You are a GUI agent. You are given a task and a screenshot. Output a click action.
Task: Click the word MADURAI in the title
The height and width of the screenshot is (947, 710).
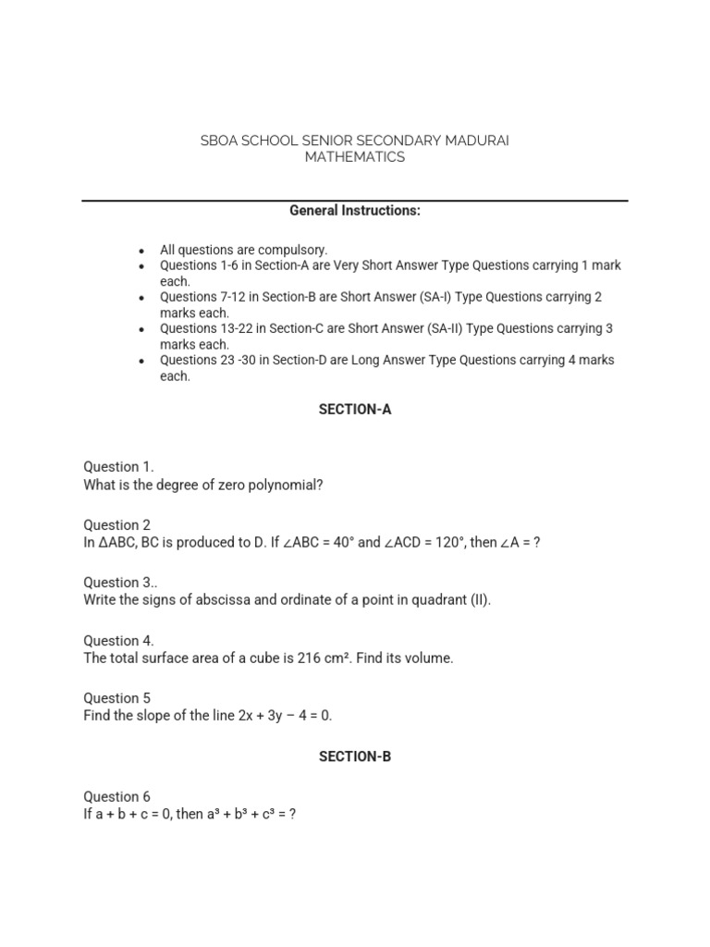474,141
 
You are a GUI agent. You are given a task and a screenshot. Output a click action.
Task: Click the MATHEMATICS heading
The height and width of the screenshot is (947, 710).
355,157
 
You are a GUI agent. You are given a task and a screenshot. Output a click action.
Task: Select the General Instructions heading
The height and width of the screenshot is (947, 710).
355,211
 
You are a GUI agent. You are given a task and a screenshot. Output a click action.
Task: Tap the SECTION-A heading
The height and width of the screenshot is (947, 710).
355,410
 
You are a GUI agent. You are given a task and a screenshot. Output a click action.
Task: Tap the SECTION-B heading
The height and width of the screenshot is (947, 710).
355,756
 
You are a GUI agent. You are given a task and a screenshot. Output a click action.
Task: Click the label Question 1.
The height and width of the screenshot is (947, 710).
118,467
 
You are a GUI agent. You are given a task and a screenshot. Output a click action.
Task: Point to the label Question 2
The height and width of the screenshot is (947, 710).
116,525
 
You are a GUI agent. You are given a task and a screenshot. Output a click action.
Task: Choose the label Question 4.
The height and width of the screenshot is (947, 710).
118,641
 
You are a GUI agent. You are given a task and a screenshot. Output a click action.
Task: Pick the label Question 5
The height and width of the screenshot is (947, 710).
116,698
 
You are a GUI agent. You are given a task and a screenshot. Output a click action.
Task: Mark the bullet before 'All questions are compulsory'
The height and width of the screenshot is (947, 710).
141,251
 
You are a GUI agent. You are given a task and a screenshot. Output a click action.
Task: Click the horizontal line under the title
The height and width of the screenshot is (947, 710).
355,200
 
